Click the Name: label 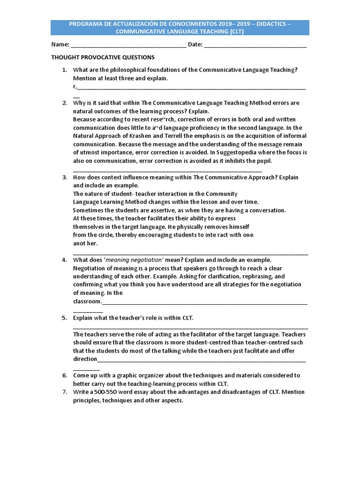[x=60, y=45]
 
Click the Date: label [x=195, y=45]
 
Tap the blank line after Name [x=128, y=46]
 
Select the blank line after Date [x=255, y=46]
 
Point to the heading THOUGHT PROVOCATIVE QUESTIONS [x=103, y=57]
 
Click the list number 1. [x=64, y=70]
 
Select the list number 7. [x=64, y=392]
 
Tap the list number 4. [x=64, y=260]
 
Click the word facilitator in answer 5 [x=196, y=335]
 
